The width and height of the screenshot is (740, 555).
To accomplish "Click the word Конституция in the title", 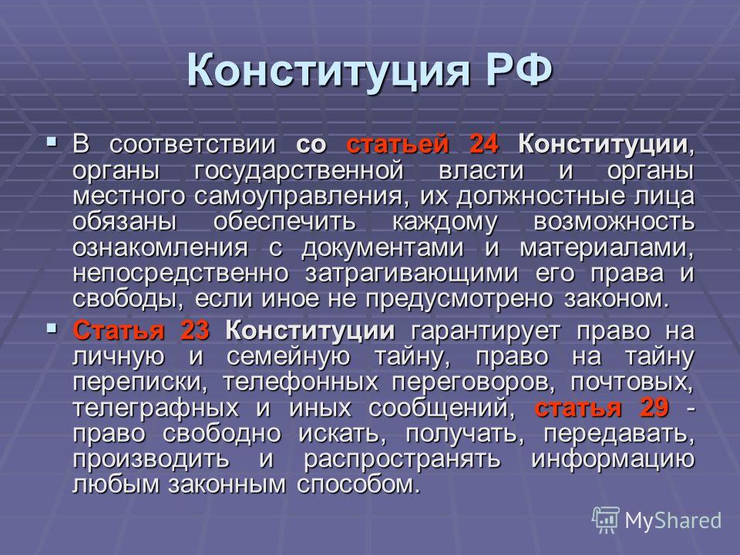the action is [328, 72].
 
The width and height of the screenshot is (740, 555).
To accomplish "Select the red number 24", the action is [484, 144].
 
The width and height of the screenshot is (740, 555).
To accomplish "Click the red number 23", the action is [195, 331].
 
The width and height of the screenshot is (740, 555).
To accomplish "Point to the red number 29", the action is [654, 407].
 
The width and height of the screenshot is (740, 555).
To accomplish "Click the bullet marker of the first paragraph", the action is [52, 140].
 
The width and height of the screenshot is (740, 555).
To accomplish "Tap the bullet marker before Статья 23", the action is [52, 327].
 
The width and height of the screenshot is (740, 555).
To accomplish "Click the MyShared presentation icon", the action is [606, 520].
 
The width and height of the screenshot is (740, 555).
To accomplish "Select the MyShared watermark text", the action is [673, 520].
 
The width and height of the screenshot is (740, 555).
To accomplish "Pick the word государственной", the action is [299, 171].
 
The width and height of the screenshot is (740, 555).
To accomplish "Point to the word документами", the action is [382, 248].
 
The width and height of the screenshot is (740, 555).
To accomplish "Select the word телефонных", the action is [301, 382].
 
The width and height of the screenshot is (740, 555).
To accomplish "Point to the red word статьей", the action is [398, 144].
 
